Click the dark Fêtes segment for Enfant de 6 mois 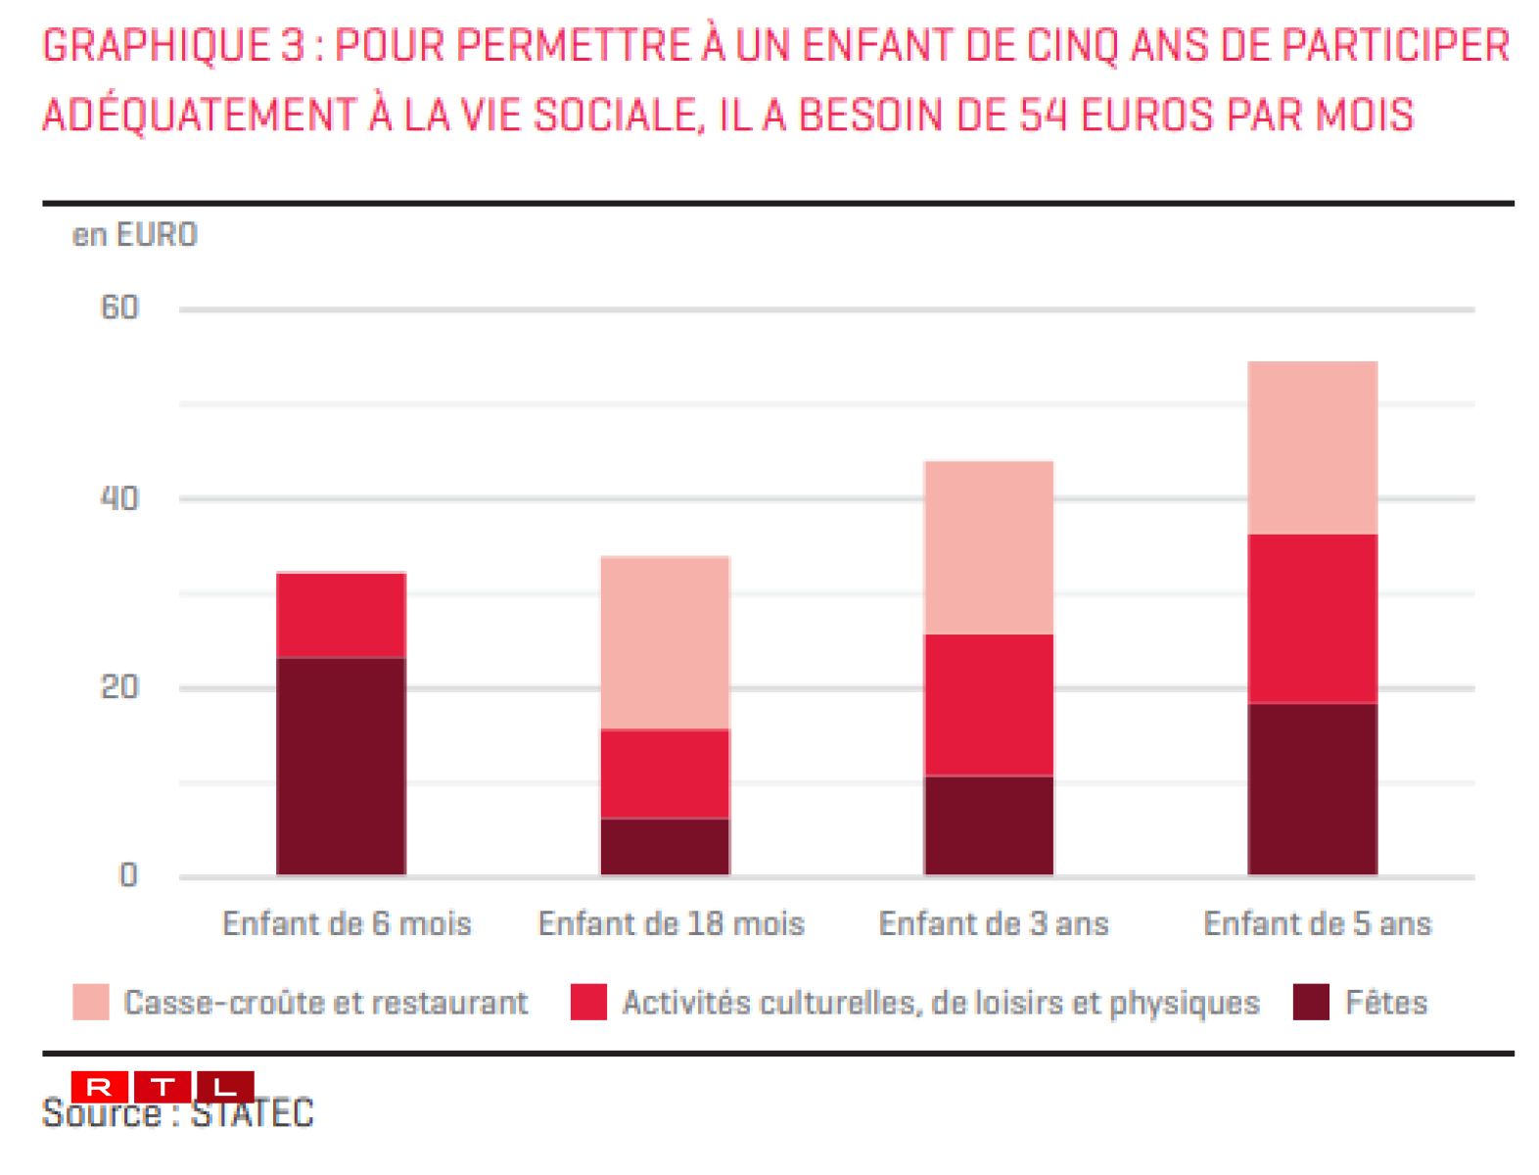pyautogui.click(x=341, y=766)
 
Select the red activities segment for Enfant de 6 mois pyautogui.click(x=341, y=615)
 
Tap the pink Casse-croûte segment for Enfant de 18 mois pyautogui.click(x=665, y=642)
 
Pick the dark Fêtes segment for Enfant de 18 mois pyautogui.click(x=665, y=846)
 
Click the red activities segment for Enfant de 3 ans pyautogui.click(x=989, y=705)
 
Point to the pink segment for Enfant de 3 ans pyautogui.click(x=989, y=547)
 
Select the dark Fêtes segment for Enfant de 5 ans pyautogui.click(x=1312, y=789)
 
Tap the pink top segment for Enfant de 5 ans pyautogui.click(x=1312, y=447)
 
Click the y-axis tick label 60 pyautogui.click(x=120, y=308)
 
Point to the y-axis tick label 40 pyautogui.click(x=120, y=498)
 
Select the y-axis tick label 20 pyautogui.click(x=120, y=687)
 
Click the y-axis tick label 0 pyautogui.click(x=128, y=875)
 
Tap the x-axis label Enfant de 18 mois pyautogui.click(x=672, y=923)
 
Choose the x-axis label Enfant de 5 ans pyautogui.click(x=1318, y=923)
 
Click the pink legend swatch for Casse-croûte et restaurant pyautogui.click(x=91, y=1003)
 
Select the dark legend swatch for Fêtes pyautogui.click(x=1311, y=1003)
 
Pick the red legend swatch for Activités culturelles pyautogui.click(x=588, y=1003)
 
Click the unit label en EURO pyautogui.click(x=135, y=235)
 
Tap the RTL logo pyautogui.click(x=163, y=1087)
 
